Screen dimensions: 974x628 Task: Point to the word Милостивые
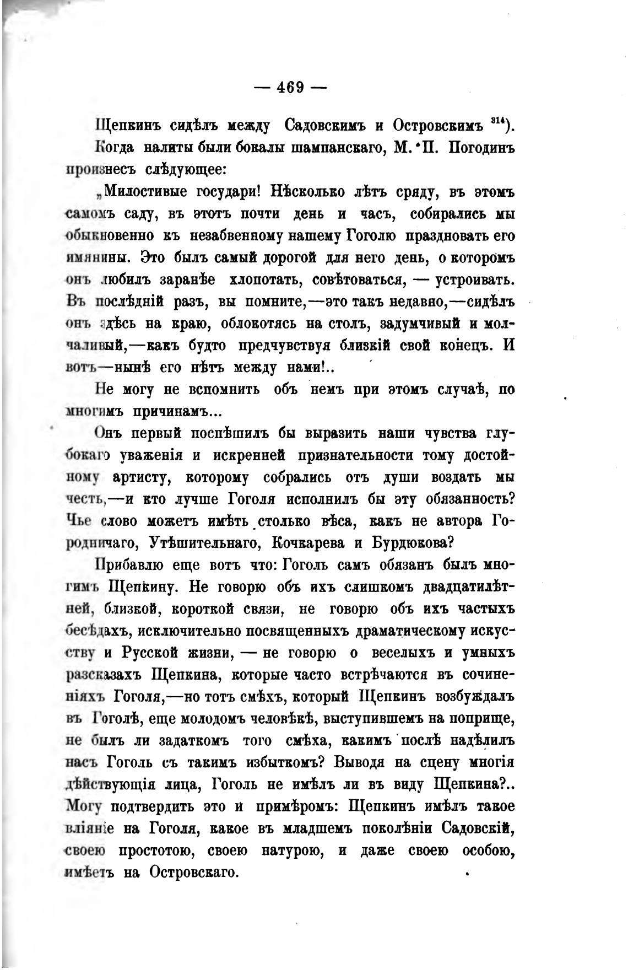coord(146,192)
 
